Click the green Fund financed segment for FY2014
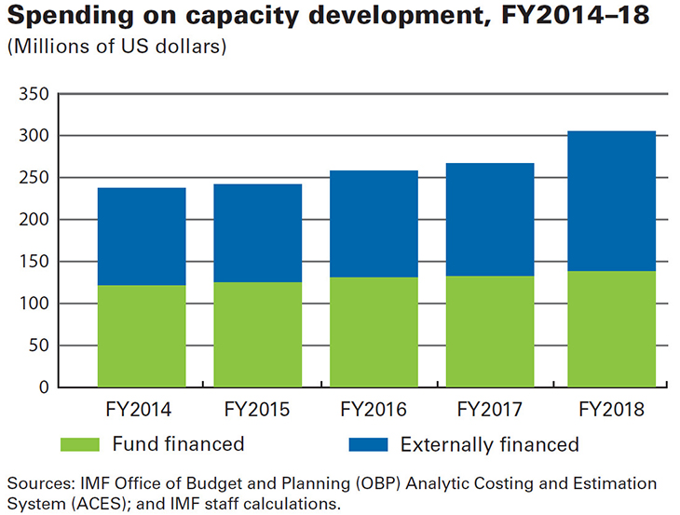click(x=142, y=335)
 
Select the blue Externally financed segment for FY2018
click(x=611, y=201)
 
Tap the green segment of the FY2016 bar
click(x=374, y=332)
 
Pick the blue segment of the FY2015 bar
click(x=258, y=233)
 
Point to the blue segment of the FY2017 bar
click(x=491, y=220)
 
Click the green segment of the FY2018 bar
click(x=611, y=329)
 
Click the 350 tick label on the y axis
click(x=33, y=95)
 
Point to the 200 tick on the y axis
click(x=33, y=220)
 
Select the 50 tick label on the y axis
click(x=37, y=346)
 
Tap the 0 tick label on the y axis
click(x=42, y=387)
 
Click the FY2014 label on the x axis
click(x=142, y=410)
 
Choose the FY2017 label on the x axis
click(x=491, y=410)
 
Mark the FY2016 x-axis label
click(x=374, y=410)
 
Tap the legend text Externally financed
click(x=490, y=444)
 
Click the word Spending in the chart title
click(x=63, y=18)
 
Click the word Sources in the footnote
click(x=38, y=484)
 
